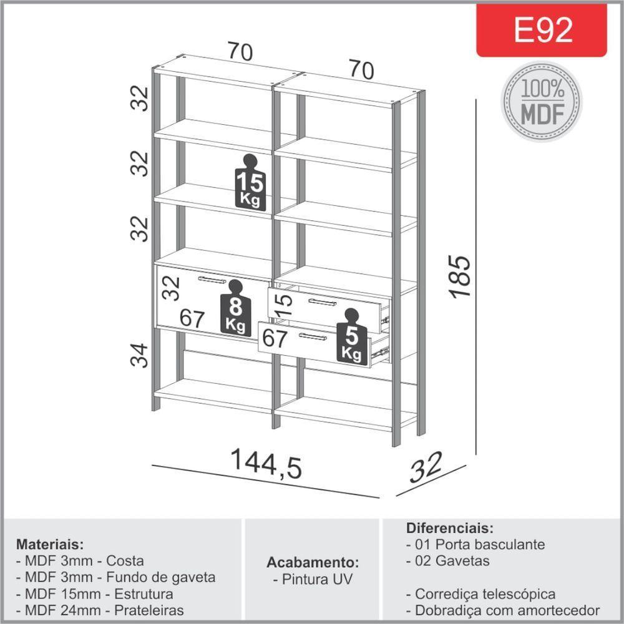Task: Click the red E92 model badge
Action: tap(542, 30)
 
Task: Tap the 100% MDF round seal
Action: tap(542, 101)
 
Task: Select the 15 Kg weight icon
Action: tap(251, 182)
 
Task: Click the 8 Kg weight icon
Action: tap(235, 308)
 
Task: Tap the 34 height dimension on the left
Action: tap(141, 355)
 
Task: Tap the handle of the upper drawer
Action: tap(322, 302)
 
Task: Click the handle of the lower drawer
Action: tap(312, 337)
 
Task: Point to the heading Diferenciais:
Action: tap(449, 527)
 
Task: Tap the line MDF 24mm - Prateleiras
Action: tap(100, 610)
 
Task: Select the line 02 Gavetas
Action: tap(447, 560)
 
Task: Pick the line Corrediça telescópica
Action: tap(480, 593)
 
